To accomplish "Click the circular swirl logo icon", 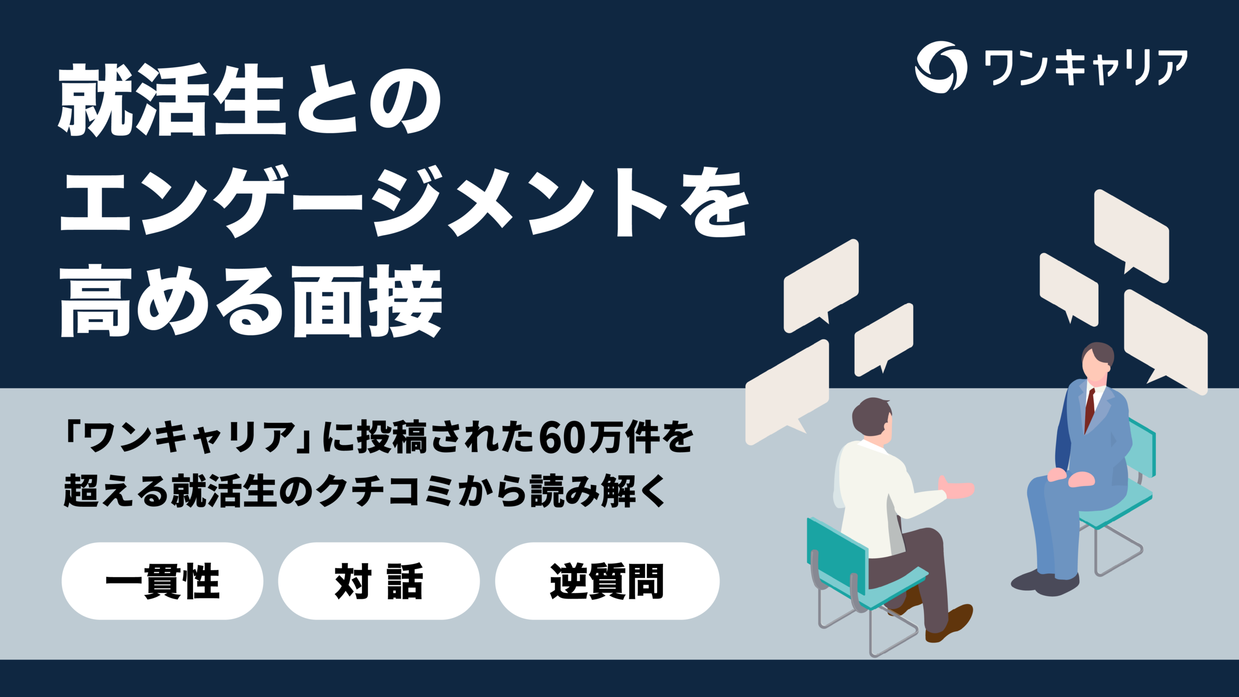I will [x=940, y=67].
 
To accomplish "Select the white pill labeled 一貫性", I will [x=162, y=581].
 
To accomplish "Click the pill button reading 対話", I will [x=378, y=581].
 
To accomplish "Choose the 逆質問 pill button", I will [x=607, y=581].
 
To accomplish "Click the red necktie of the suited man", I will [x=1089, y=409].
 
